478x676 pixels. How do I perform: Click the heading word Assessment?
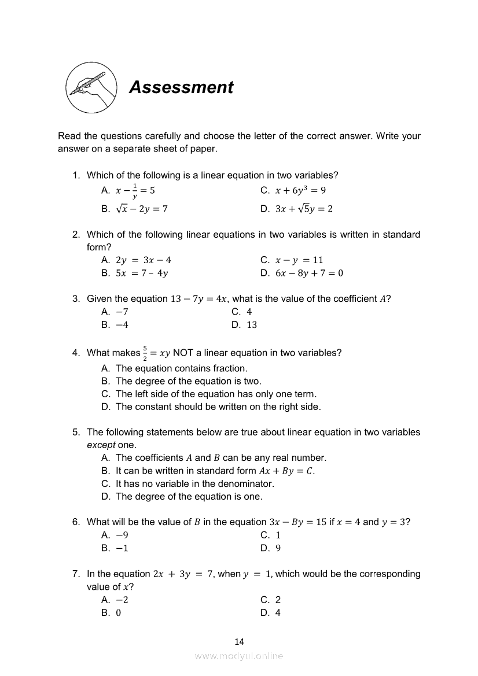tap(181, 87)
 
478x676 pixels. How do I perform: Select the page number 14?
tap(240, 641)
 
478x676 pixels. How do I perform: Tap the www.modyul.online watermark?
tap(239, 656)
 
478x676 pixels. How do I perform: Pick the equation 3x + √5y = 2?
tap(304, 209)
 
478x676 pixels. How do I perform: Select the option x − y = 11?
tap(299, 260)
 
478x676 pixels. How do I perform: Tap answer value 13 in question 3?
tap(252, 324)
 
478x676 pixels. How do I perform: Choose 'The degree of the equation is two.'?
tap(189, 381)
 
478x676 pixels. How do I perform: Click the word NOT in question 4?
tap(183, 353)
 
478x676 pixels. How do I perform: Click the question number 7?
tap(76, 574)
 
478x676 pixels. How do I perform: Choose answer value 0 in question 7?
tap(118, 613)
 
